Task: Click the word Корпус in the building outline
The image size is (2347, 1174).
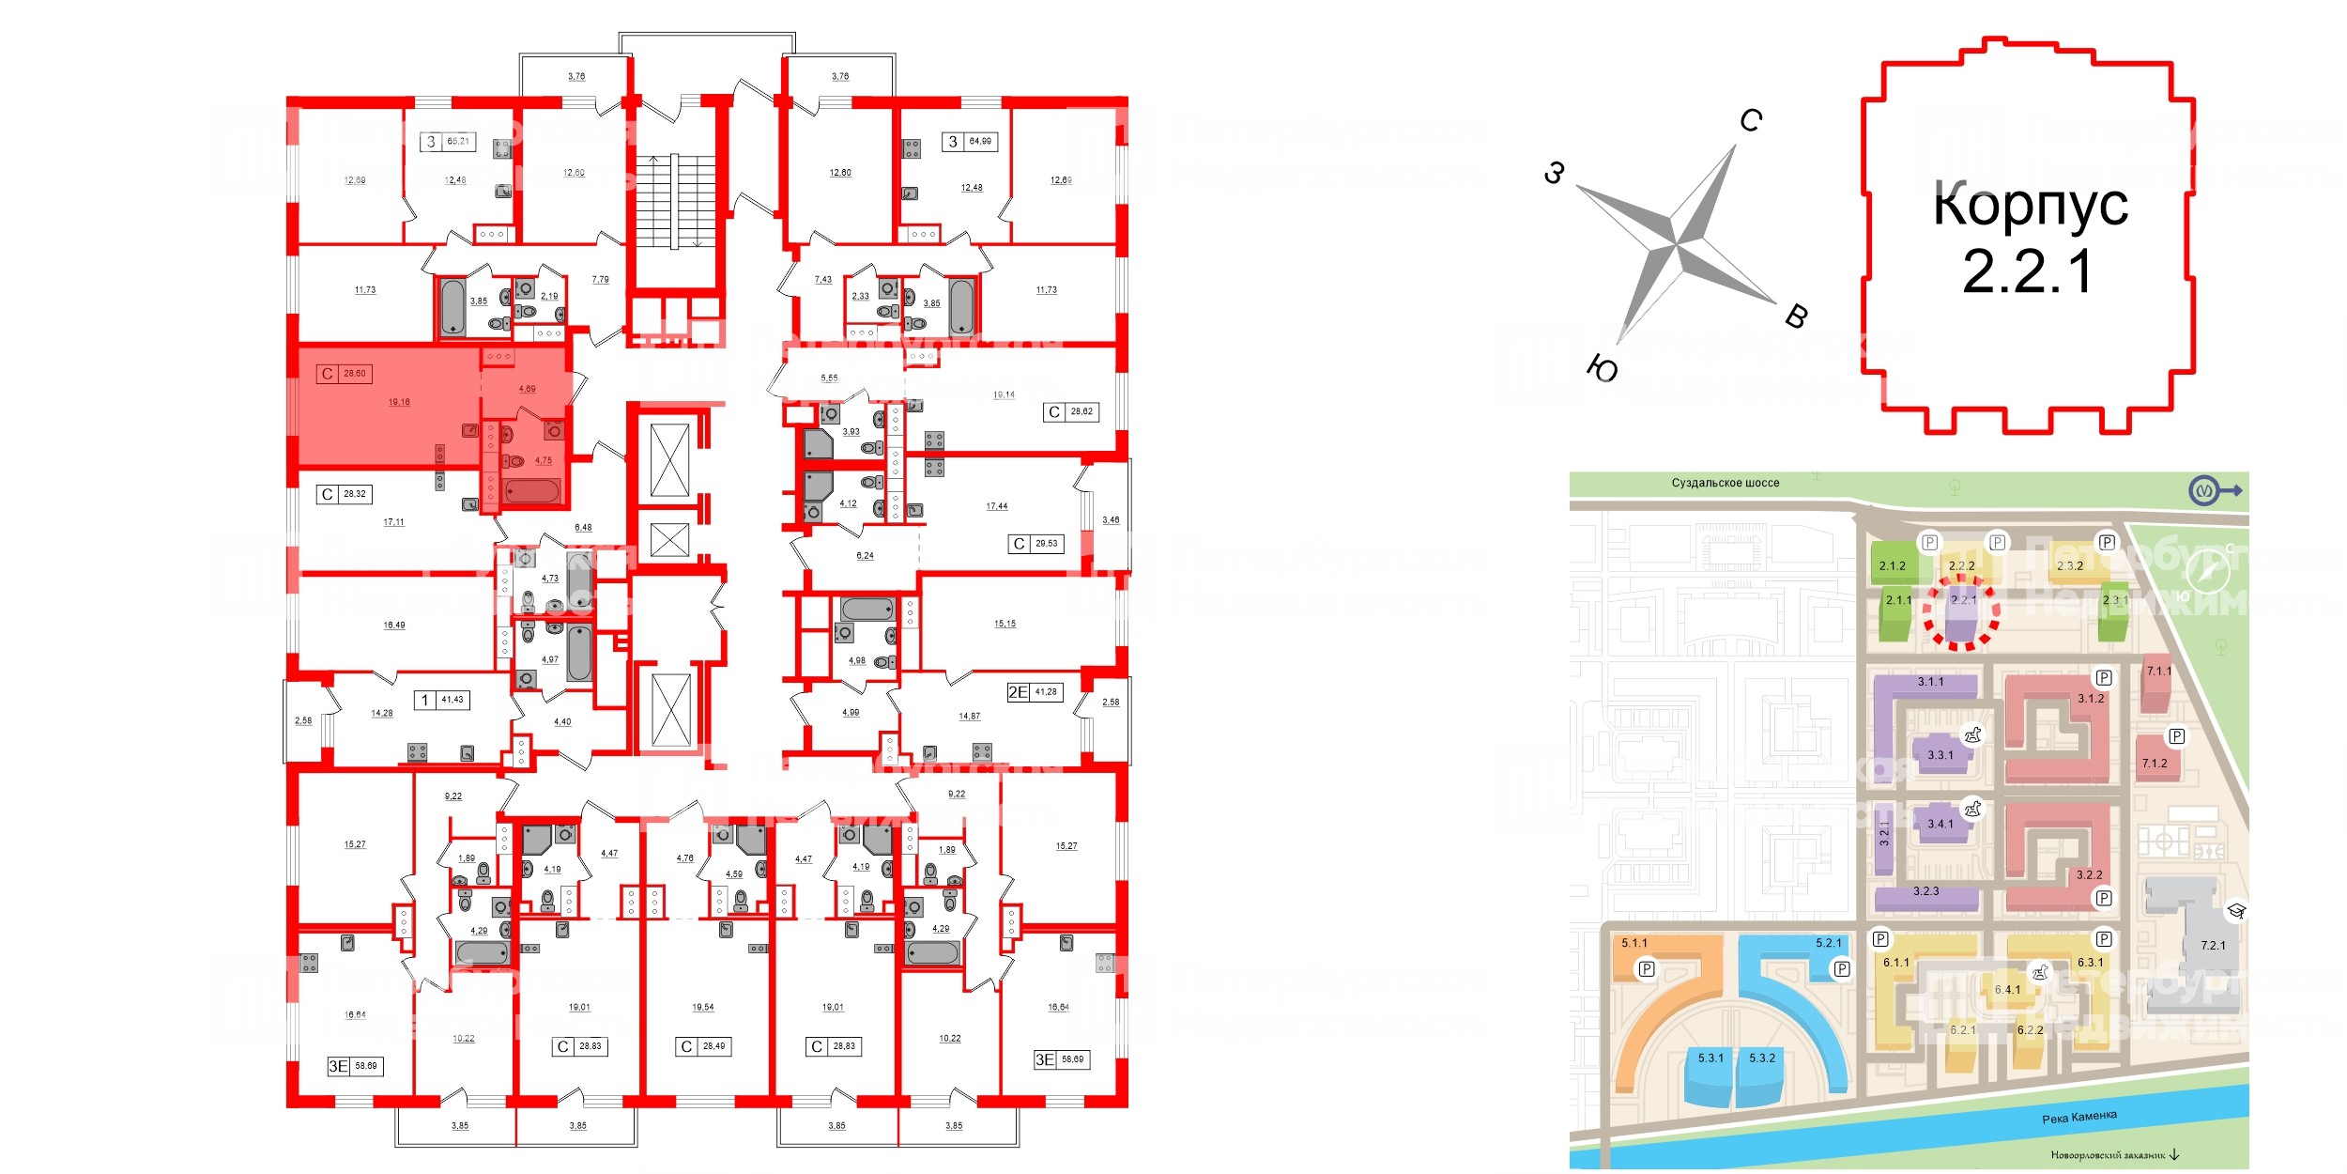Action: click(x=2030, y=204)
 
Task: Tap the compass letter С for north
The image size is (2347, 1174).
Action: click(x=1751, y=120)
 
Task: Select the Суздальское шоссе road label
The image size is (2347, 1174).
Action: click(x=1725, y=483)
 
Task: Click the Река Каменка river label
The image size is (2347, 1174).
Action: click(x=2079, y=1117)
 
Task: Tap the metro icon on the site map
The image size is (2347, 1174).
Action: click(x=2202, y=490)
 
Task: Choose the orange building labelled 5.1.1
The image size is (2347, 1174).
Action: click(x=1634, y=943)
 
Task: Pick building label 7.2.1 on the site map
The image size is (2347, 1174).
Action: click(x=2213, y=945)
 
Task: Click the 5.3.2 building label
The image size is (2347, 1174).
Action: click(x=1762, y=1058)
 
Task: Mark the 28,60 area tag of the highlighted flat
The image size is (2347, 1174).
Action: click(x=354, y=374)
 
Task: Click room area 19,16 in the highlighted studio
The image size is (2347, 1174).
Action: click(x=399, y=402)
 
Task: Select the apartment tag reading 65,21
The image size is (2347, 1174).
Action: click(x=457, y=142)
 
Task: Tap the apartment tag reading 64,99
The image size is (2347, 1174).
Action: click(x=979, y=142)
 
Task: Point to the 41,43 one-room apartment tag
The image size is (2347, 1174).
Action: click(x=452, y=700)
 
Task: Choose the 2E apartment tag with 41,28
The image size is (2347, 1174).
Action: click(x=1044, y=692)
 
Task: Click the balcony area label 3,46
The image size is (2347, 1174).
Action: click(x=1111, y=519)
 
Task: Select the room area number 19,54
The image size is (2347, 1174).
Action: click(x=702, y=1007)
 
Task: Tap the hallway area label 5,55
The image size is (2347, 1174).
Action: click(x=829, y=378)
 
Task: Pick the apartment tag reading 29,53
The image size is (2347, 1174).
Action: click(x=1046, y=544)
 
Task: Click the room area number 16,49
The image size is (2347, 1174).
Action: click(x=394, y=625)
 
